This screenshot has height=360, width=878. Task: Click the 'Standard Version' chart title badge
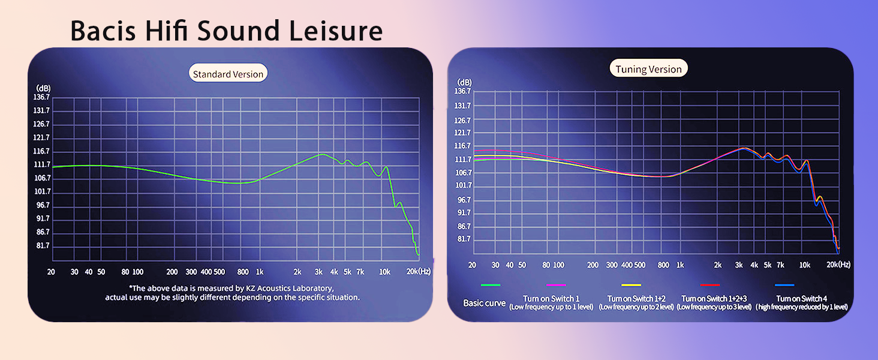click(228, 74)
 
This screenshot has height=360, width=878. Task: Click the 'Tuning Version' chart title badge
click(648, 69)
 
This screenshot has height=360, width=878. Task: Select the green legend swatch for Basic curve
click(490, 285)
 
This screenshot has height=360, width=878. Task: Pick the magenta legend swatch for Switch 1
click(557, 285)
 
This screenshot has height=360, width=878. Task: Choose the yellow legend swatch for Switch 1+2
click(632, 285)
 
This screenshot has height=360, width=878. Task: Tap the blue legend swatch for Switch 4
click(784, 285)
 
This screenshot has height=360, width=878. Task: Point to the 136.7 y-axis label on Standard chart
click(43, 97)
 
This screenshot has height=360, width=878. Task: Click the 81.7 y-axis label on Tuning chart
click(465, 239)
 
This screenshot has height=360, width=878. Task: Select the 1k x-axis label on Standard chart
click(260, 272)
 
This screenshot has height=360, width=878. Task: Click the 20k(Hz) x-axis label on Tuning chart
click(838, 265)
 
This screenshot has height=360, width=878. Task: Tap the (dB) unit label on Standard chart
click(43, 88)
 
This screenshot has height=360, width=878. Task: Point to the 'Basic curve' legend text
click(484, 303)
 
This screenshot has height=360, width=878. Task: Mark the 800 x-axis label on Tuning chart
click(663, 265)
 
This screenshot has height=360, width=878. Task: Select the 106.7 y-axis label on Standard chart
click(43, 178)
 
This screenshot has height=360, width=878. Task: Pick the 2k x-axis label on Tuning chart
click(718, 265)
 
